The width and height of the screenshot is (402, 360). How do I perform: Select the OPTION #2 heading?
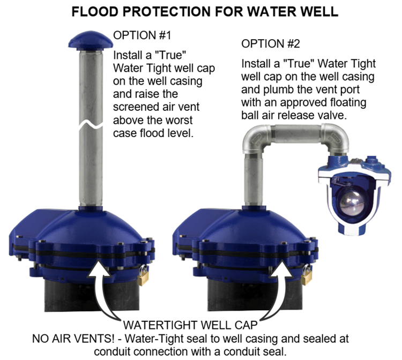coord(269,43)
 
